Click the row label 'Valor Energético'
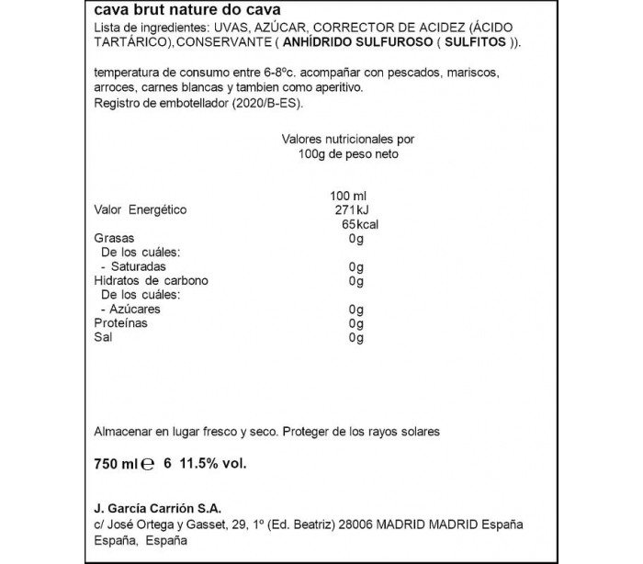pyautogui.click(x=141, y=209)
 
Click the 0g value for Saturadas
pyautogui.click(x=357, y=266)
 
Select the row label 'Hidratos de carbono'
pyautogui.click(x=152, y=280)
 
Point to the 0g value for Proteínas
pyautogui.click(x=357, y=323)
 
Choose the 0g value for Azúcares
pyautogui.click(x=357, y=310)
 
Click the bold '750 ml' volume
pyautogui.click(x=116, y=465)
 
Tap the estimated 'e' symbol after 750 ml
pyautogui.click(x=149, y=466)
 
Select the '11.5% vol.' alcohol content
pyautogui.click(x=213, y=465)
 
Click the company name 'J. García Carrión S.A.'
pyautogui.click(x=158, y=508)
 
